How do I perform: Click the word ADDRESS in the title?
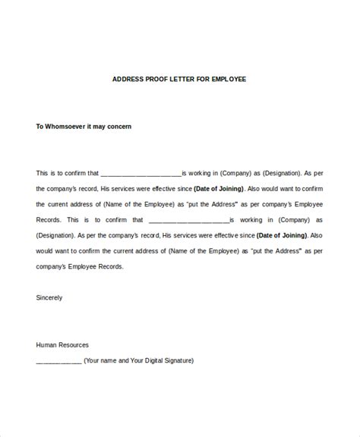pyautogui.click(x=128, y=79)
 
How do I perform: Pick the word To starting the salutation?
pyautogui.click(x=40, y=127)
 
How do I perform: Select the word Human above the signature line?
pyautogui.click(x=47, y=344)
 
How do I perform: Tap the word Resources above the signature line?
pyautogui.click(x=77, y=344)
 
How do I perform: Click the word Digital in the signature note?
pyautogui.click(x=153, y=360)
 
